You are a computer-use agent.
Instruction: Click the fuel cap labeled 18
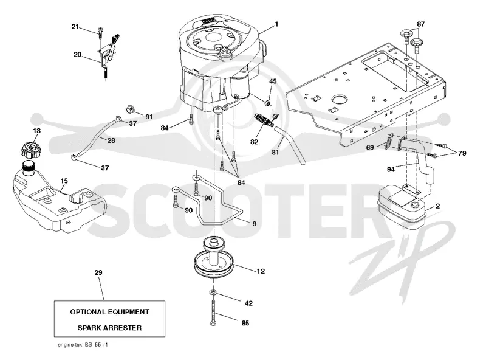point(31,149)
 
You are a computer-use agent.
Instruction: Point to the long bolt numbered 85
point(213,313)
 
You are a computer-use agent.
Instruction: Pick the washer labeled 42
point(213,292)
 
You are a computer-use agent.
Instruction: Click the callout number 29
point(98,272)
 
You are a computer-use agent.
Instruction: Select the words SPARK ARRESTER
point(109,328)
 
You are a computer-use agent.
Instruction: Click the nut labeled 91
point(131,109)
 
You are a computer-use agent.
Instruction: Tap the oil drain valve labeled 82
point(264,120)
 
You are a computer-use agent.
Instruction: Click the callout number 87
point(420,24)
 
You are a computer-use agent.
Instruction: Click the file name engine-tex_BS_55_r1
point(83,345)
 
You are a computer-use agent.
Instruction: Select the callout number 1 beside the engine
point(276,24)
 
